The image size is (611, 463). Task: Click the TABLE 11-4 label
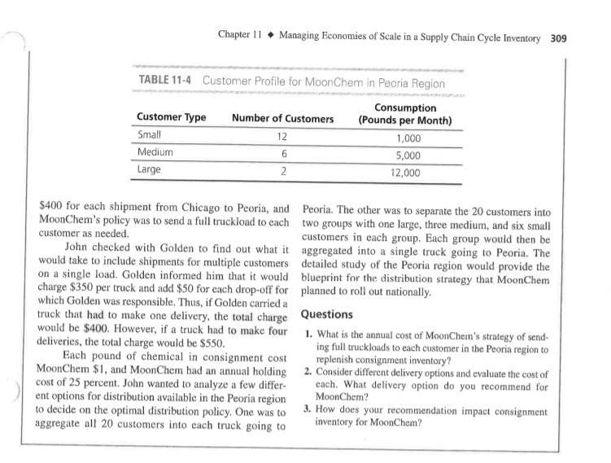(x=159, y=82)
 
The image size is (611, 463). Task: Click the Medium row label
(x=155, y=152)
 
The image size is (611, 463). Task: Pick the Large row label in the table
(x=150, y=170)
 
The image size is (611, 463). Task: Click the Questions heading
(x=326, y=314)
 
